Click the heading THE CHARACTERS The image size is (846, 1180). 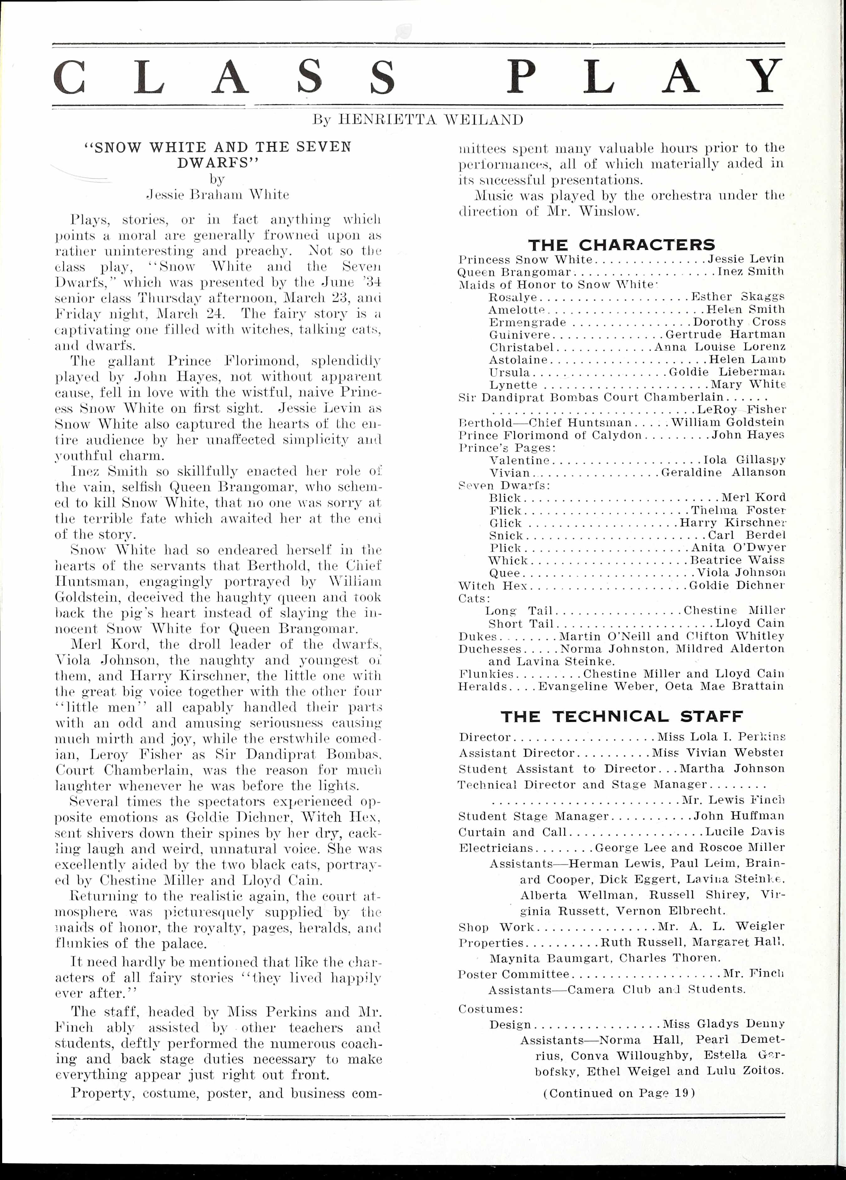coord(621,245)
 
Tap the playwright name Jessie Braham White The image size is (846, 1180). coord(218,195)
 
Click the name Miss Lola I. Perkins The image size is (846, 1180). coord(721,737)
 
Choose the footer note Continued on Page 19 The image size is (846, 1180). coord(619,1093)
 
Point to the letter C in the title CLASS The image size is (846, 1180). coord(69,76)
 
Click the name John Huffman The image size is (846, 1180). coord(738,816)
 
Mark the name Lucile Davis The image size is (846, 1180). coord(745,832)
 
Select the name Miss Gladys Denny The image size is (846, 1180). coord(723,1024)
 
